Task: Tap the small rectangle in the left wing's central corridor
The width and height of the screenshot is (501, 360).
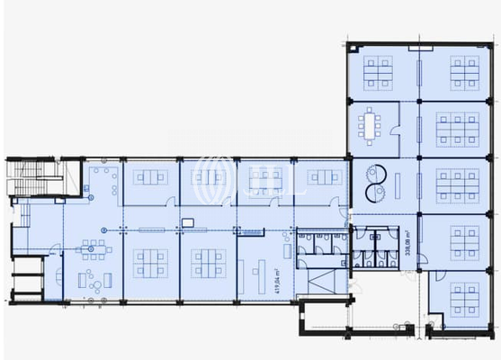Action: (187, 221)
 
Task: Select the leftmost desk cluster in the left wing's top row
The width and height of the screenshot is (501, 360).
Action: (150, 177)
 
